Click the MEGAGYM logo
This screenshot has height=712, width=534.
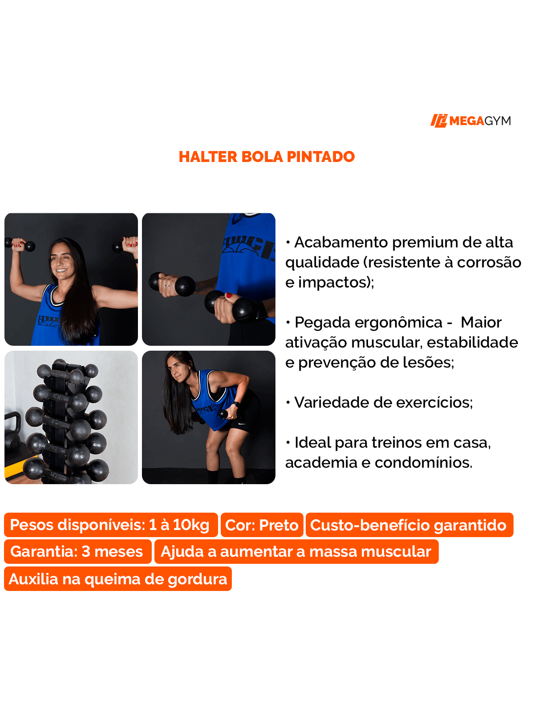[470, 121]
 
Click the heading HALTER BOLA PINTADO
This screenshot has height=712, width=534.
[267, 157]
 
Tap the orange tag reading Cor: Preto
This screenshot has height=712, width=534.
[262, 525]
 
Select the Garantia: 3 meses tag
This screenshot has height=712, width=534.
[77, 552]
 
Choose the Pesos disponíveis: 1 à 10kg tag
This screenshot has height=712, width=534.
[110, 525]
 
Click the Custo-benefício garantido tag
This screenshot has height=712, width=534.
[409, 525]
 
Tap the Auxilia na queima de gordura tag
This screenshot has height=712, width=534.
[118, 579]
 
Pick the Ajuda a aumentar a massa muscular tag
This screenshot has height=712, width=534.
[296, 552]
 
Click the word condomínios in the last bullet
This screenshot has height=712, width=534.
[423, 463]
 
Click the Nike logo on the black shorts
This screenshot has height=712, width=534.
[242, 423]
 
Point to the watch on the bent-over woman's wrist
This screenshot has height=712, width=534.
[236, 404]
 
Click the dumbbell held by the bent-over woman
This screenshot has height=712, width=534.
[224, 414]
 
